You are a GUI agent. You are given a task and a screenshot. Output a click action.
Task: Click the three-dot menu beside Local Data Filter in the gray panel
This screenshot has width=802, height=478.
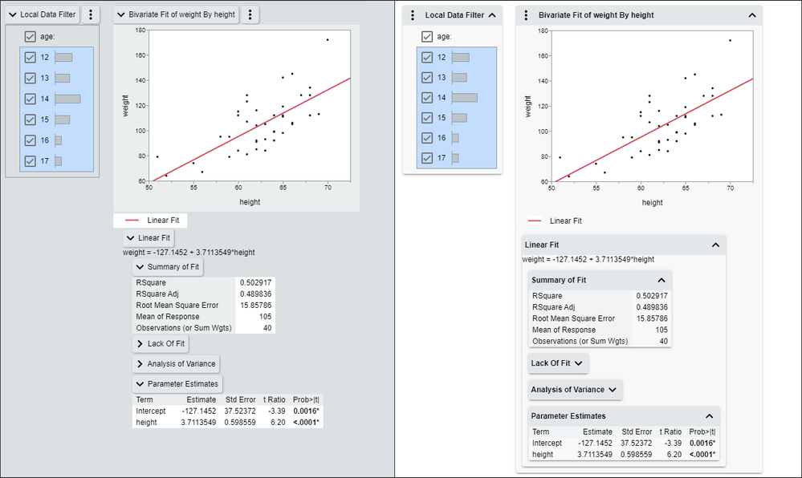coord(91,14)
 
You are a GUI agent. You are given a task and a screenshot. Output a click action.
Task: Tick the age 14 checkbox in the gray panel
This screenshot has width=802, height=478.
coord(30,99)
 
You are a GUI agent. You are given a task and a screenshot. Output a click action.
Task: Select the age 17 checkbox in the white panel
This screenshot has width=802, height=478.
coord(427,158)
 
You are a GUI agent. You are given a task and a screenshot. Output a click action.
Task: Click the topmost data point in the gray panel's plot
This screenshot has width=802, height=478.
coord(328,39)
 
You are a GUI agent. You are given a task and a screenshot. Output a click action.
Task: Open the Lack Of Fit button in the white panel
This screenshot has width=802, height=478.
coord(558,363)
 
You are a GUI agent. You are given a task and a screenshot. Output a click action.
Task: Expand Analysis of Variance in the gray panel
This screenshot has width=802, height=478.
coord(175,364)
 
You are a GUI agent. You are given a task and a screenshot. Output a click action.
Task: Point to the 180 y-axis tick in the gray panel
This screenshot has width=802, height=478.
coord(140,30)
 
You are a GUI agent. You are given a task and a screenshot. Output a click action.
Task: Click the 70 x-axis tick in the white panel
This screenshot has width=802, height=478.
coord(730,188)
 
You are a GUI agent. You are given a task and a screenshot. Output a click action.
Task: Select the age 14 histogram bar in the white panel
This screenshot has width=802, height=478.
coord(465,98)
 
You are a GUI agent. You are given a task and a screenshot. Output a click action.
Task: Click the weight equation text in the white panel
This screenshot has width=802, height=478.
coord(588,259)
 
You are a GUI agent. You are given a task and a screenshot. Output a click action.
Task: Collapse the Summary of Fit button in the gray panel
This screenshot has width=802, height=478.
coord(169,267)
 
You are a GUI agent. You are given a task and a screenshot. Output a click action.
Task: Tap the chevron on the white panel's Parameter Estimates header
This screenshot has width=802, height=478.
coord(709,416)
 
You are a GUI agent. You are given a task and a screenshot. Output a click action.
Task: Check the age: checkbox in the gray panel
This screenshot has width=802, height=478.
coord(30,36)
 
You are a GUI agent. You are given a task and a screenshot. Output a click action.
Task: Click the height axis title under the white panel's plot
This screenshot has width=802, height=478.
coord(652,203)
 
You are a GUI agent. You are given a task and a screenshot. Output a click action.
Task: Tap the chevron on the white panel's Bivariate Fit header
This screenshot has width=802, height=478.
coord(751,15)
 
